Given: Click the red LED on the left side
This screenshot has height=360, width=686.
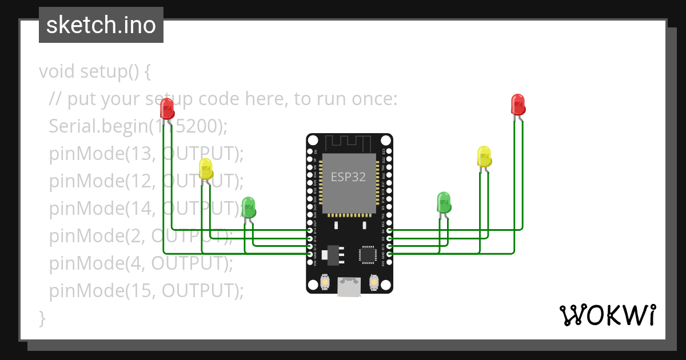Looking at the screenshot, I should pos(167,108).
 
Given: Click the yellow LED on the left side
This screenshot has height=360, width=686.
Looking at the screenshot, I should pos(206,169).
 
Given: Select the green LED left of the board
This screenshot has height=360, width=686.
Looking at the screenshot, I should pos(248,207).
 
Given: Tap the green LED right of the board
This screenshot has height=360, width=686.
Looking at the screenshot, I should pos(444,202).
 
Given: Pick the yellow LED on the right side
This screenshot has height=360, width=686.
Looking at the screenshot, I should pos(484,157).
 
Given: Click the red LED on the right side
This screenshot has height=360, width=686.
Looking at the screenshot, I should pos(518,105).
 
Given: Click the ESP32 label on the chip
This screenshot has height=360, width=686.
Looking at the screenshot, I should pos(348,177).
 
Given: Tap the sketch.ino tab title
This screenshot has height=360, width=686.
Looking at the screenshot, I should pos(101,25).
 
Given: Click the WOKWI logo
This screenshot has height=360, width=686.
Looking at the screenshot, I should pos(607,315).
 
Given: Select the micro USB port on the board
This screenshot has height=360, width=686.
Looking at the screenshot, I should pos(349,286).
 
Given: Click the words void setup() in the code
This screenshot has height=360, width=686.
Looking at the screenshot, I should pos(95,72).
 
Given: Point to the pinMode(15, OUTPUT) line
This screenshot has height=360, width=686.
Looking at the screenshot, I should pos(146,291).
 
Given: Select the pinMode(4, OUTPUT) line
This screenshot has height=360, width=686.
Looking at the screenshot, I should pos(141,263).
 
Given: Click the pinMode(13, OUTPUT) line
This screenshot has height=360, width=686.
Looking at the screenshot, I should pos(146,154).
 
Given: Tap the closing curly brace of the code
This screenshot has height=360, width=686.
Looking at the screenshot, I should pos(42,317).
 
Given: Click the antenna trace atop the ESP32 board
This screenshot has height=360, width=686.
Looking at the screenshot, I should pos(349,142).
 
